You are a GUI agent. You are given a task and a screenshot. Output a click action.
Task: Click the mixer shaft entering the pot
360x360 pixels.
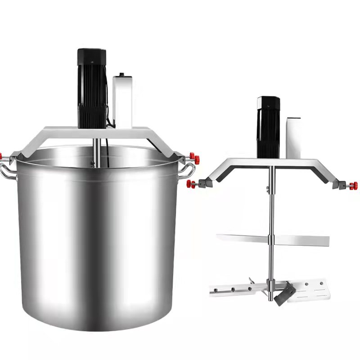tap(96, 151)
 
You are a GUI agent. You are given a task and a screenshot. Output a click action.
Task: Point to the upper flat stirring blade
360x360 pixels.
tap(297, 240)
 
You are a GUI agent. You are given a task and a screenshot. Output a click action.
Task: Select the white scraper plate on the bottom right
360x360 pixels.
tap(315, 288)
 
